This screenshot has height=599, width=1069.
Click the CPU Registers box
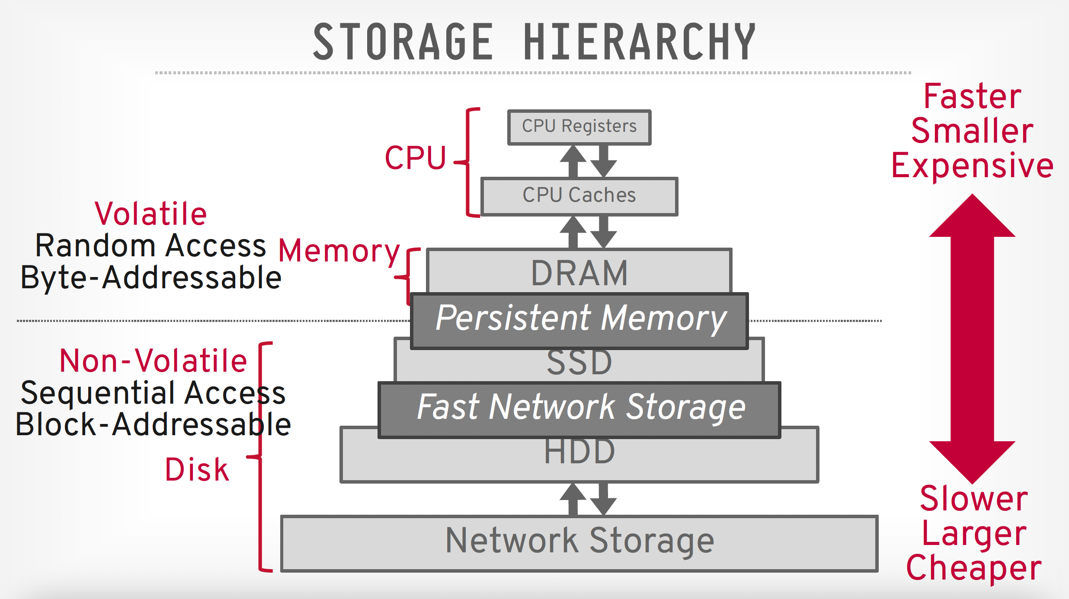(x=579, y=127)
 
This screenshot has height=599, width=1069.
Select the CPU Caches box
(x=579, y=195)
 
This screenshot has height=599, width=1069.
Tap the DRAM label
(x=579, y=273)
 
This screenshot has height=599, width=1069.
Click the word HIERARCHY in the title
(x=639, y=42)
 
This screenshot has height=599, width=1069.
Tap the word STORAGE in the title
(x=403, y=42)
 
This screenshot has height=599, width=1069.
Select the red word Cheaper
(x=973, y=568)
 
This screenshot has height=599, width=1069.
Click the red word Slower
(x=973, y=499)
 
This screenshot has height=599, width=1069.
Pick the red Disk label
(x=197, y=470)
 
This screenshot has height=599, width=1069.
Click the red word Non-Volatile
(x=153, y=361)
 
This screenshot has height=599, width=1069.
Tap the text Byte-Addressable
(x=151, y=278)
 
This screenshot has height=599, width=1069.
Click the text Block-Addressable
(x=153, y=424)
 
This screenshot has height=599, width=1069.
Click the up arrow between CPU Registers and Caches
(x=573, y=160)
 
